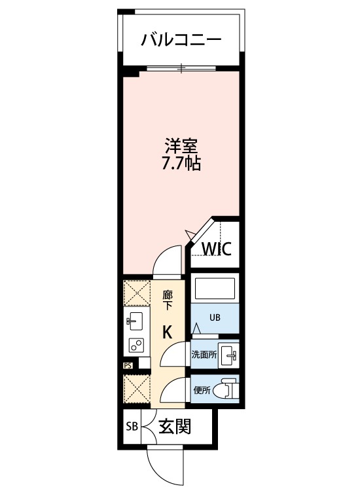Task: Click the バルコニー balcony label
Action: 181,40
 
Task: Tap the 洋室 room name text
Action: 181,146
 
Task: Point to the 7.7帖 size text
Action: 181,163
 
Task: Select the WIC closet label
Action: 217,249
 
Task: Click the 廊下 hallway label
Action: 168,300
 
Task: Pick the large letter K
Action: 168,332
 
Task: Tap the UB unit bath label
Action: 215,318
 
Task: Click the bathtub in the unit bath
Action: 215,289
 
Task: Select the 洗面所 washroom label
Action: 204,355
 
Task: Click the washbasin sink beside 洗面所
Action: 229,355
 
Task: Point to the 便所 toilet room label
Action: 202,390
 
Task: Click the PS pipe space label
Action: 128,365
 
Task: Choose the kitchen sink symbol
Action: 134,321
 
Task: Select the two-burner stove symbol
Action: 137,346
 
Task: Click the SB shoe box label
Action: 132,426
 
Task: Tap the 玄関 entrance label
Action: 175,426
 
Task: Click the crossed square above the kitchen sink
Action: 137,293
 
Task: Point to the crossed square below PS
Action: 137,390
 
